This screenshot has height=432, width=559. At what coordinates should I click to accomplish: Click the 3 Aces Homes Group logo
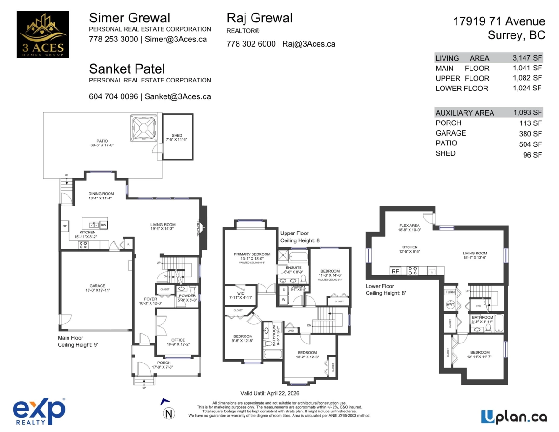click(x=42, y=34)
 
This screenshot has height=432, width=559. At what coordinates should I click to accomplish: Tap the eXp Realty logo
click(x=39, y=412)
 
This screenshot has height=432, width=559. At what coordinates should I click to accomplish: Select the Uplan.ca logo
click(x=514, y=416)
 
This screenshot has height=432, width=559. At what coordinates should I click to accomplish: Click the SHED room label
click(x=177, y=136)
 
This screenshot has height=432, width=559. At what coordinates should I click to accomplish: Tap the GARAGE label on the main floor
click(x=97, y=286)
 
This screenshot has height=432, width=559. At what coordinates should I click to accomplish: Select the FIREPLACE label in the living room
click(x=198, y=227)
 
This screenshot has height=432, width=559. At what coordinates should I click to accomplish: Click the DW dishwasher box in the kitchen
click(x=103, y=225)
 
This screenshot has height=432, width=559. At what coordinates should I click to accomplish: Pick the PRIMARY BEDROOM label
click(x=252, y=254)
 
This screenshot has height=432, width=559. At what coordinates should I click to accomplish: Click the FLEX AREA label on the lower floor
click(x=409, y=225)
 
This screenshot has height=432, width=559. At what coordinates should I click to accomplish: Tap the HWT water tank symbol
click(x=450, y=304)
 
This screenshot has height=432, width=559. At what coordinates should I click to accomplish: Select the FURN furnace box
click(x=450, y=292)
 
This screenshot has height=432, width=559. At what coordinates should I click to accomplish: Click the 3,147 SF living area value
click(x=527, y=58)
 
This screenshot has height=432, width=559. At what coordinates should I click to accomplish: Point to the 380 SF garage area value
click(x=531, y=133)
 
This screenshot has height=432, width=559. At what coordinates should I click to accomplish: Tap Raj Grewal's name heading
click(x=259, y=18)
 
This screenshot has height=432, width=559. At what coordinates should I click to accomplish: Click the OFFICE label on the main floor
click(x=178, y=340)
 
